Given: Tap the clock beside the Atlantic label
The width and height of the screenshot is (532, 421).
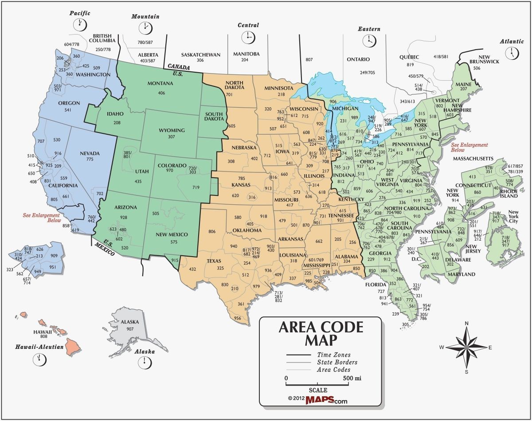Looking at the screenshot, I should point(513,53).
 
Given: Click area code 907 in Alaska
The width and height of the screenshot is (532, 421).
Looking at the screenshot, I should point(130,329).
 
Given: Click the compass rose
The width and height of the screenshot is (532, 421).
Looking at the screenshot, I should point(467,347).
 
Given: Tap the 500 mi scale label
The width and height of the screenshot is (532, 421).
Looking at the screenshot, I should point(352,378).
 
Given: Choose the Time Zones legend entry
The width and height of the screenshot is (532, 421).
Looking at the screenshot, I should point(333,355).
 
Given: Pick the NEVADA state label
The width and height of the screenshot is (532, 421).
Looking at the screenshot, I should point(90,153).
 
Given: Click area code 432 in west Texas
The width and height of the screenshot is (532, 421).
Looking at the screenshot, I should point(192,269).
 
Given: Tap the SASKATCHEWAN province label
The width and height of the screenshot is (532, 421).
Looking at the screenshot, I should point(200,55).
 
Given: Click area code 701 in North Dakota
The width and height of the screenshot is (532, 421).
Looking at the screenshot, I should point(229,94).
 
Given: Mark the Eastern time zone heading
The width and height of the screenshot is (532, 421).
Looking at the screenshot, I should point(369,29).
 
